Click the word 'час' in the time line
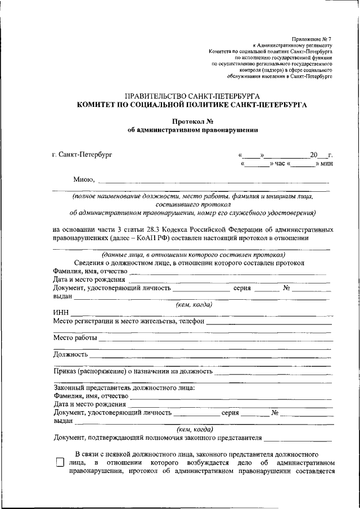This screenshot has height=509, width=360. [280, 164]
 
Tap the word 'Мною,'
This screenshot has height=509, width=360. [84, 180]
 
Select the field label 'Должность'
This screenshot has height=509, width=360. [70, 355]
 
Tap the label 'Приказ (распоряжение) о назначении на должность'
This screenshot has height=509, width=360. [133, 372]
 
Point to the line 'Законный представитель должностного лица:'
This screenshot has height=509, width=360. [124, 388]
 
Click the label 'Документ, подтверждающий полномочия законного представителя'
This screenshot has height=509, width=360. [158, 438]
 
